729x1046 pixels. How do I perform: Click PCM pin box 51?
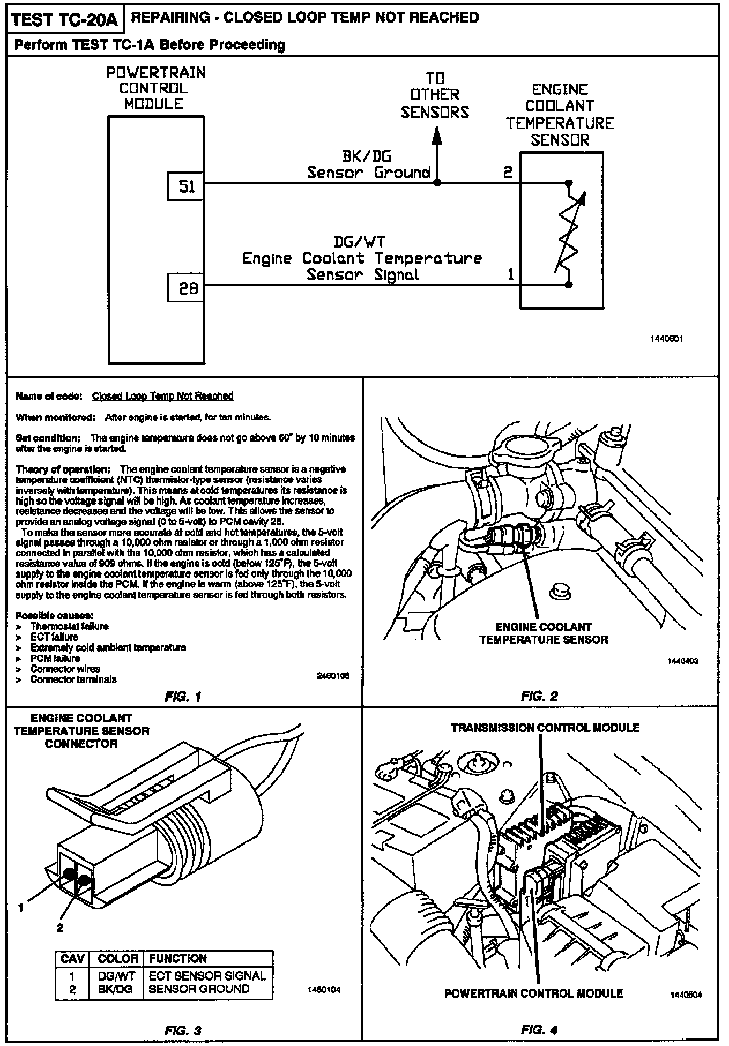(185, 187)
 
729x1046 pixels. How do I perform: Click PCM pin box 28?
(185, 288)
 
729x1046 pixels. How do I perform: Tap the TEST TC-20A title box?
(64, 20)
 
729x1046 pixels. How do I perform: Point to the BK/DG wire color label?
(367, 156)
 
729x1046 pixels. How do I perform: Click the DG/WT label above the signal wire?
(360, 243)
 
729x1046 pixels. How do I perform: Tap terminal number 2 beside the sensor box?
(508, 172)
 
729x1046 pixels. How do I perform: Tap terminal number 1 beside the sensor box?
(510, 275)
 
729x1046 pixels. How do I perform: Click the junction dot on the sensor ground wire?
(437, 183)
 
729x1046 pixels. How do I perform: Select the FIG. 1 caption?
(183, 697)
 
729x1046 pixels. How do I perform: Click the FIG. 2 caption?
(539, 696)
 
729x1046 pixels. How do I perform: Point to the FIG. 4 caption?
(539, 1029)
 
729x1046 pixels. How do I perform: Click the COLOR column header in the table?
(118, 959)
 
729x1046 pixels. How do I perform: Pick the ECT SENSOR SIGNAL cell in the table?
(207, 976)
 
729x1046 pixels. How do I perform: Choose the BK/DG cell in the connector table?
(116, 989)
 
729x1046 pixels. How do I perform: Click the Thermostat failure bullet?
(69, 626)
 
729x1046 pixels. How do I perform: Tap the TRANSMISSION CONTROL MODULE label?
(545, 728)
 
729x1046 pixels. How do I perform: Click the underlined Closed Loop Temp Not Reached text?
(163, 396)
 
